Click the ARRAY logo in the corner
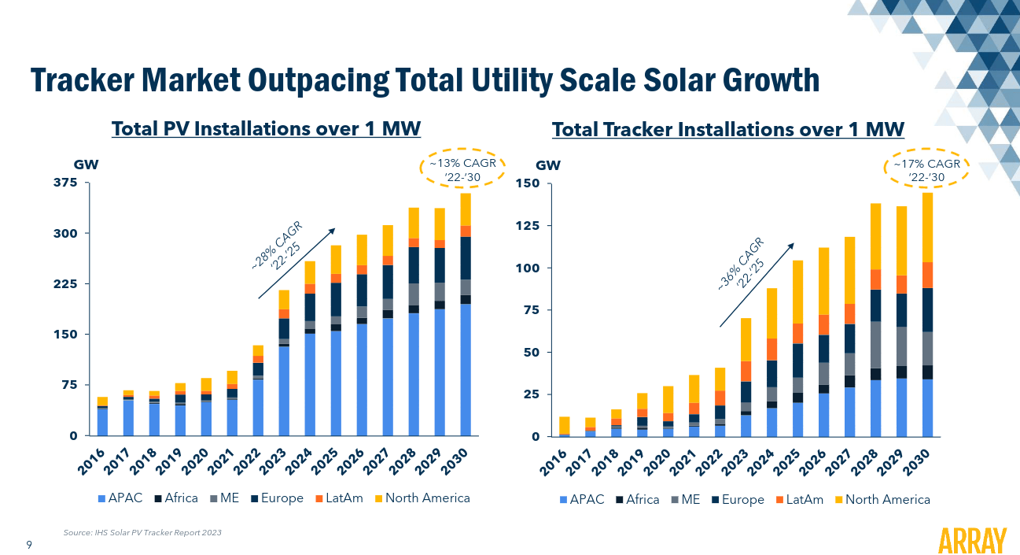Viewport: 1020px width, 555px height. pyautogui.click(x=973, y=541)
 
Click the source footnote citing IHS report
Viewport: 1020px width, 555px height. pyautogui.click(x=142, y=533)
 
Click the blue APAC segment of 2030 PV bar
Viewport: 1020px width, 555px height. pyautogui.click(x=466, y=370)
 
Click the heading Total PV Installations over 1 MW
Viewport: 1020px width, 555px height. pyautogui.click(x=266, y=128)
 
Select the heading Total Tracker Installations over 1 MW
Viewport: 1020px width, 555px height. pyautogui.click(x=727, y=128)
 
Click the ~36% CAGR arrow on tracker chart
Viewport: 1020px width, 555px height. pyautogui.click(x=757, y=284)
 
